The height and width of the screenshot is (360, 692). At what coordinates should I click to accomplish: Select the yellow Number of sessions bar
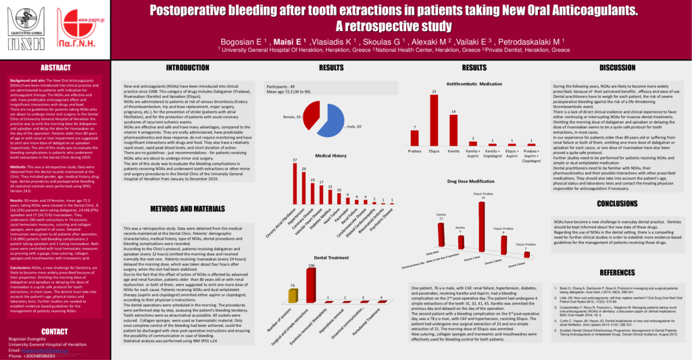(x=292, y=295)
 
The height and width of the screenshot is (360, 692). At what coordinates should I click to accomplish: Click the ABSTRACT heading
(x=55, y=68)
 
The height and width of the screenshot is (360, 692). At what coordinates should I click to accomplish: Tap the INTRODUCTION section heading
(x=187, y=68)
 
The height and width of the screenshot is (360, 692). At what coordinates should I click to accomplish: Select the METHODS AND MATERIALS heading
(x=187, y=209)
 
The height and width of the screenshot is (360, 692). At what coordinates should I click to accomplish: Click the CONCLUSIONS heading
(x=617, y=203)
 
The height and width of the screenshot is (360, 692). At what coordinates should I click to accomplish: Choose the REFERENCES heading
(x=617, y=272)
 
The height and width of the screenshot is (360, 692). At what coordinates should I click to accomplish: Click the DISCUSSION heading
(x=617, y=68)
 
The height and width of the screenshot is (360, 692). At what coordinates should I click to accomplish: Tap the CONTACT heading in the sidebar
(x=55, y=331)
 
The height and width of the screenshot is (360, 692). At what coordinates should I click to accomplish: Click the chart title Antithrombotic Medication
(x=474, y=84)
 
